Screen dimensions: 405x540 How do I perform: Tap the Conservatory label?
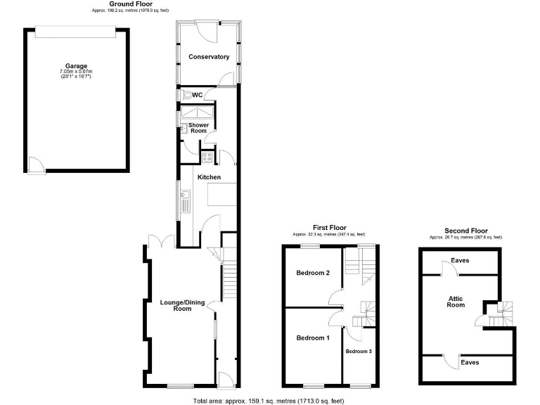click(x=209, y=57)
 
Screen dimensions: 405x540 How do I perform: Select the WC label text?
click(x=197, y=95)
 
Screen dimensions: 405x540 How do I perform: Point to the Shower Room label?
click(x=198, y=127)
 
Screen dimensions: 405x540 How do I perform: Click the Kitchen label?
click(x=209, y=177)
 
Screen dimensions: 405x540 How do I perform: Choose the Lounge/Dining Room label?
click(x=182, y=305)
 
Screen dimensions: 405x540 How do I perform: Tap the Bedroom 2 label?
click(x=313, y=273)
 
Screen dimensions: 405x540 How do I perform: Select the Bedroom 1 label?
click(x=312, y=338)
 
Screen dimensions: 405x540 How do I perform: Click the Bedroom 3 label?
click(x=358, y=351)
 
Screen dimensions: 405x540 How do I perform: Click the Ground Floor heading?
click(x=131, y=4)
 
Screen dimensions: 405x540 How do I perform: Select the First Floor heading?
click(x=330, y=228)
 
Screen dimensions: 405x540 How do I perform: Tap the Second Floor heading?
click(x=465, y=231)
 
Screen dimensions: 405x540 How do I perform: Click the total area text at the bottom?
click(x=269, y=401)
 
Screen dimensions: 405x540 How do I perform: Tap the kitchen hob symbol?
click(x=209, y=157)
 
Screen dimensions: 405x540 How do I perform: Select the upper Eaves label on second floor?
click(x=461, y=260)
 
